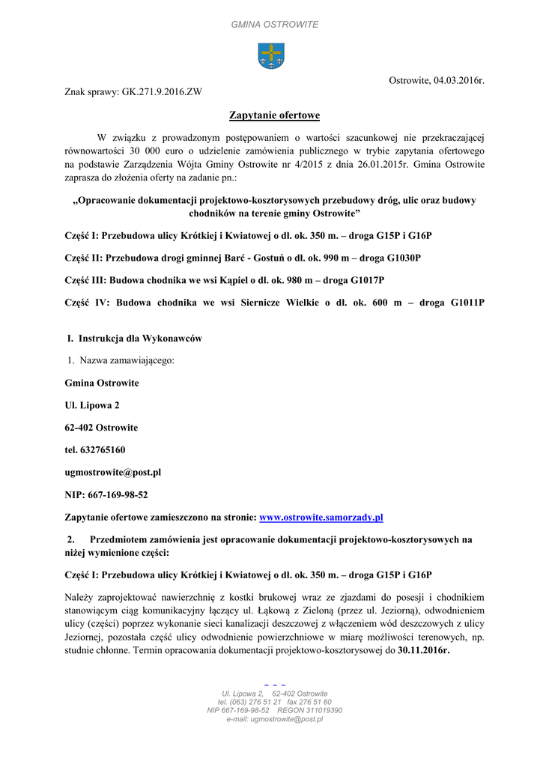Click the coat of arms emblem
pos(270,56)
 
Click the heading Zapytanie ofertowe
pos(274,115)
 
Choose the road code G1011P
pos(457,303)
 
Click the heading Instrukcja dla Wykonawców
pos(139,339)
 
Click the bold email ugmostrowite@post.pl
pos(113,473)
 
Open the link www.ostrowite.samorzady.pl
pos(321,518)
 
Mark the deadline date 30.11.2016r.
pos(423,650)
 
